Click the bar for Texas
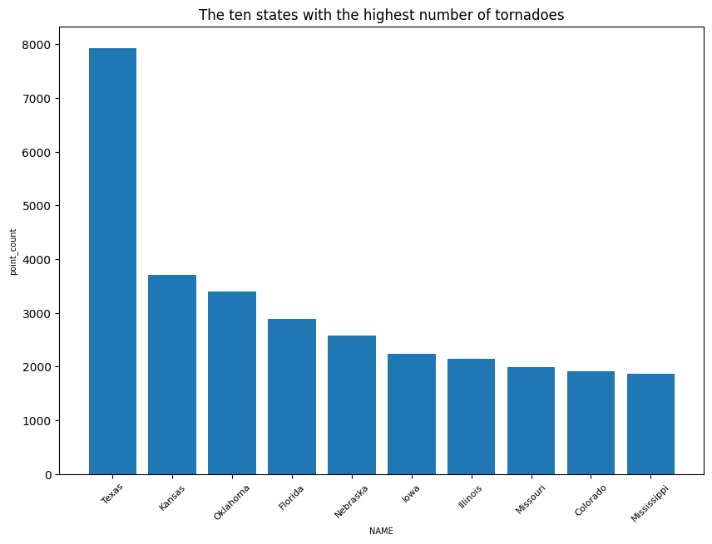coord(112,261)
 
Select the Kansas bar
coord(172,375)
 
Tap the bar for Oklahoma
coord(232,383)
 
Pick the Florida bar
coord(292,397)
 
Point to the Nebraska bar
coord(352,404)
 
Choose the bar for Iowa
coord(412,414)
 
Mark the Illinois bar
coord(472,417)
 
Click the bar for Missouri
coord(532,421)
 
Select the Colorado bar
coord(591,423)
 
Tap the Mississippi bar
coord(650,424)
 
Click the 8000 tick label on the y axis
coord(37,45)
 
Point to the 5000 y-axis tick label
coord(37,206)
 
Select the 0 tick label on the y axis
coord(48,475)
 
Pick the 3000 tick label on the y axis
coord(37,314)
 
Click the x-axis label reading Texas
coord(111,493)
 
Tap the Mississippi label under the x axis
coord(650,503)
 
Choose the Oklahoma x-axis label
coord(231,502)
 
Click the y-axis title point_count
coord(13,252)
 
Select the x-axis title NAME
coord(381,531)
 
